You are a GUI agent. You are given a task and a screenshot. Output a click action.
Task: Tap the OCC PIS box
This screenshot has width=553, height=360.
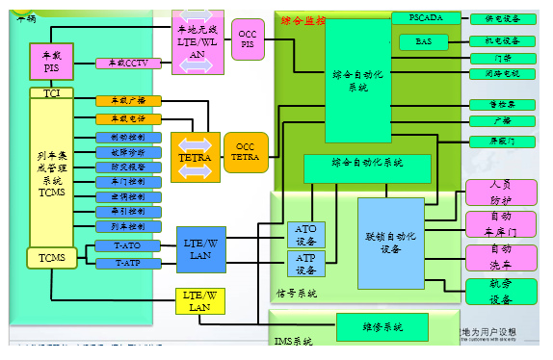pyautogui.click(x=249, y=39)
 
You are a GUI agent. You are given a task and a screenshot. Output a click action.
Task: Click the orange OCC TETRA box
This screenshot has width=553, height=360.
pyautogui.click(x=246, y=153)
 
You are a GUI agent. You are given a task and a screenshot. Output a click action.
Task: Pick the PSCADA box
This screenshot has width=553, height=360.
pyautogui.click(x=425, y=18)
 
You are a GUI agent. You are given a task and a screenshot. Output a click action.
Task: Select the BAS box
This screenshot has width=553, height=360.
pyautogui.click(x=425, y=41)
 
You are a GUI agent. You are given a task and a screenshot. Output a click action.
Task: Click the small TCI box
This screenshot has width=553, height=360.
pyautogui.click(x=51, y=92)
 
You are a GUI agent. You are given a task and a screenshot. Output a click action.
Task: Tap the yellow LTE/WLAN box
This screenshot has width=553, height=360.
pyautogui.click(x=199, y=300)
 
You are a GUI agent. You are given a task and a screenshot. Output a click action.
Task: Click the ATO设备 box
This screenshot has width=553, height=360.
pyautogui.click(x=306, y=235)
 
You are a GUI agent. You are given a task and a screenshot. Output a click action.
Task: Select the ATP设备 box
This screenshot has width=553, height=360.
pyautogui.click(x=306, y=263)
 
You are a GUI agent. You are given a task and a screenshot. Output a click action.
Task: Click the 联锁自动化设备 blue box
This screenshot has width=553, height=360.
pyautogui.click(x=390, y=243)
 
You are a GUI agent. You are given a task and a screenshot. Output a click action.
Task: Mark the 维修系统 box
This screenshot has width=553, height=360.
pyautogui.click(x=382, y=327)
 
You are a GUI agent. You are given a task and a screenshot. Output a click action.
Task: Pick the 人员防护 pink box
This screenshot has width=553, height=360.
pyautogui.click(x=501, y=192)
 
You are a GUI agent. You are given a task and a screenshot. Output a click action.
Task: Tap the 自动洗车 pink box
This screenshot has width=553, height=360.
pyautogui.click(x=501, y=257)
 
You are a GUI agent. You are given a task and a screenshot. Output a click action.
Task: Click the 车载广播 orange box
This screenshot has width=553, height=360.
pyautogui.click(x=128, y=100)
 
